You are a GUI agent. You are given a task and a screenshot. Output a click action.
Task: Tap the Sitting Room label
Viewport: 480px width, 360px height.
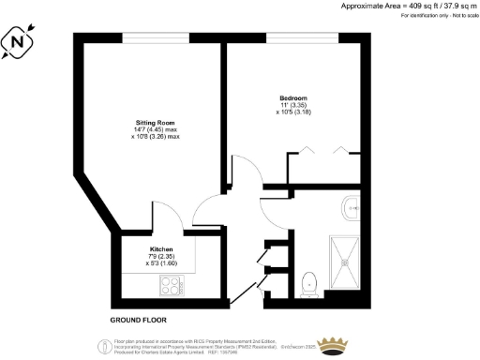(154, 122)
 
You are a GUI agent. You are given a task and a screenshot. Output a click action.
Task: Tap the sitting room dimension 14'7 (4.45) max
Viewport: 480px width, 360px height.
(155, 129)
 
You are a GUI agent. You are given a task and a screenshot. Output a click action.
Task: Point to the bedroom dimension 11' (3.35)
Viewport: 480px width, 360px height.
(293, 106)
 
